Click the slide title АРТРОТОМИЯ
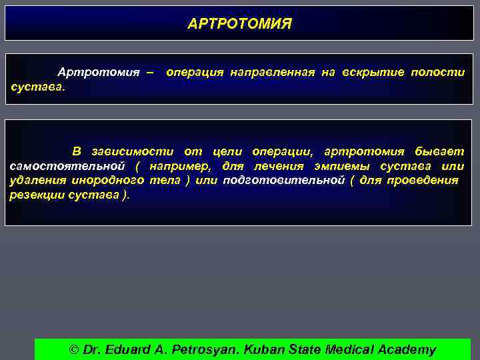[x=240, y=24]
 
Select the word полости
[x=437, y=72]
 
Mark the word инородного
[x=108, y=180]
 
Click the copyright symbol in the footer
[x=74, y=349]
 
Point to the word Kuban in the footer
[x=265, y=349]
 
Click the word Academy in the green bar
[x=406, y=349]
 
